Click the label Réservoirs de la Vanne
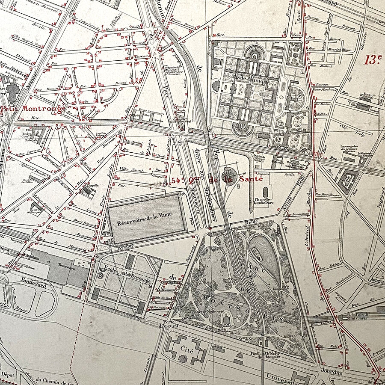tap(145, 219)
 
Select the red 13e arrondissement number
tap(372, 59)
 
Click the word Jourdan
tap(331, 373)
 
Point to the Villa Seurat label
tap(131, 168)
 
